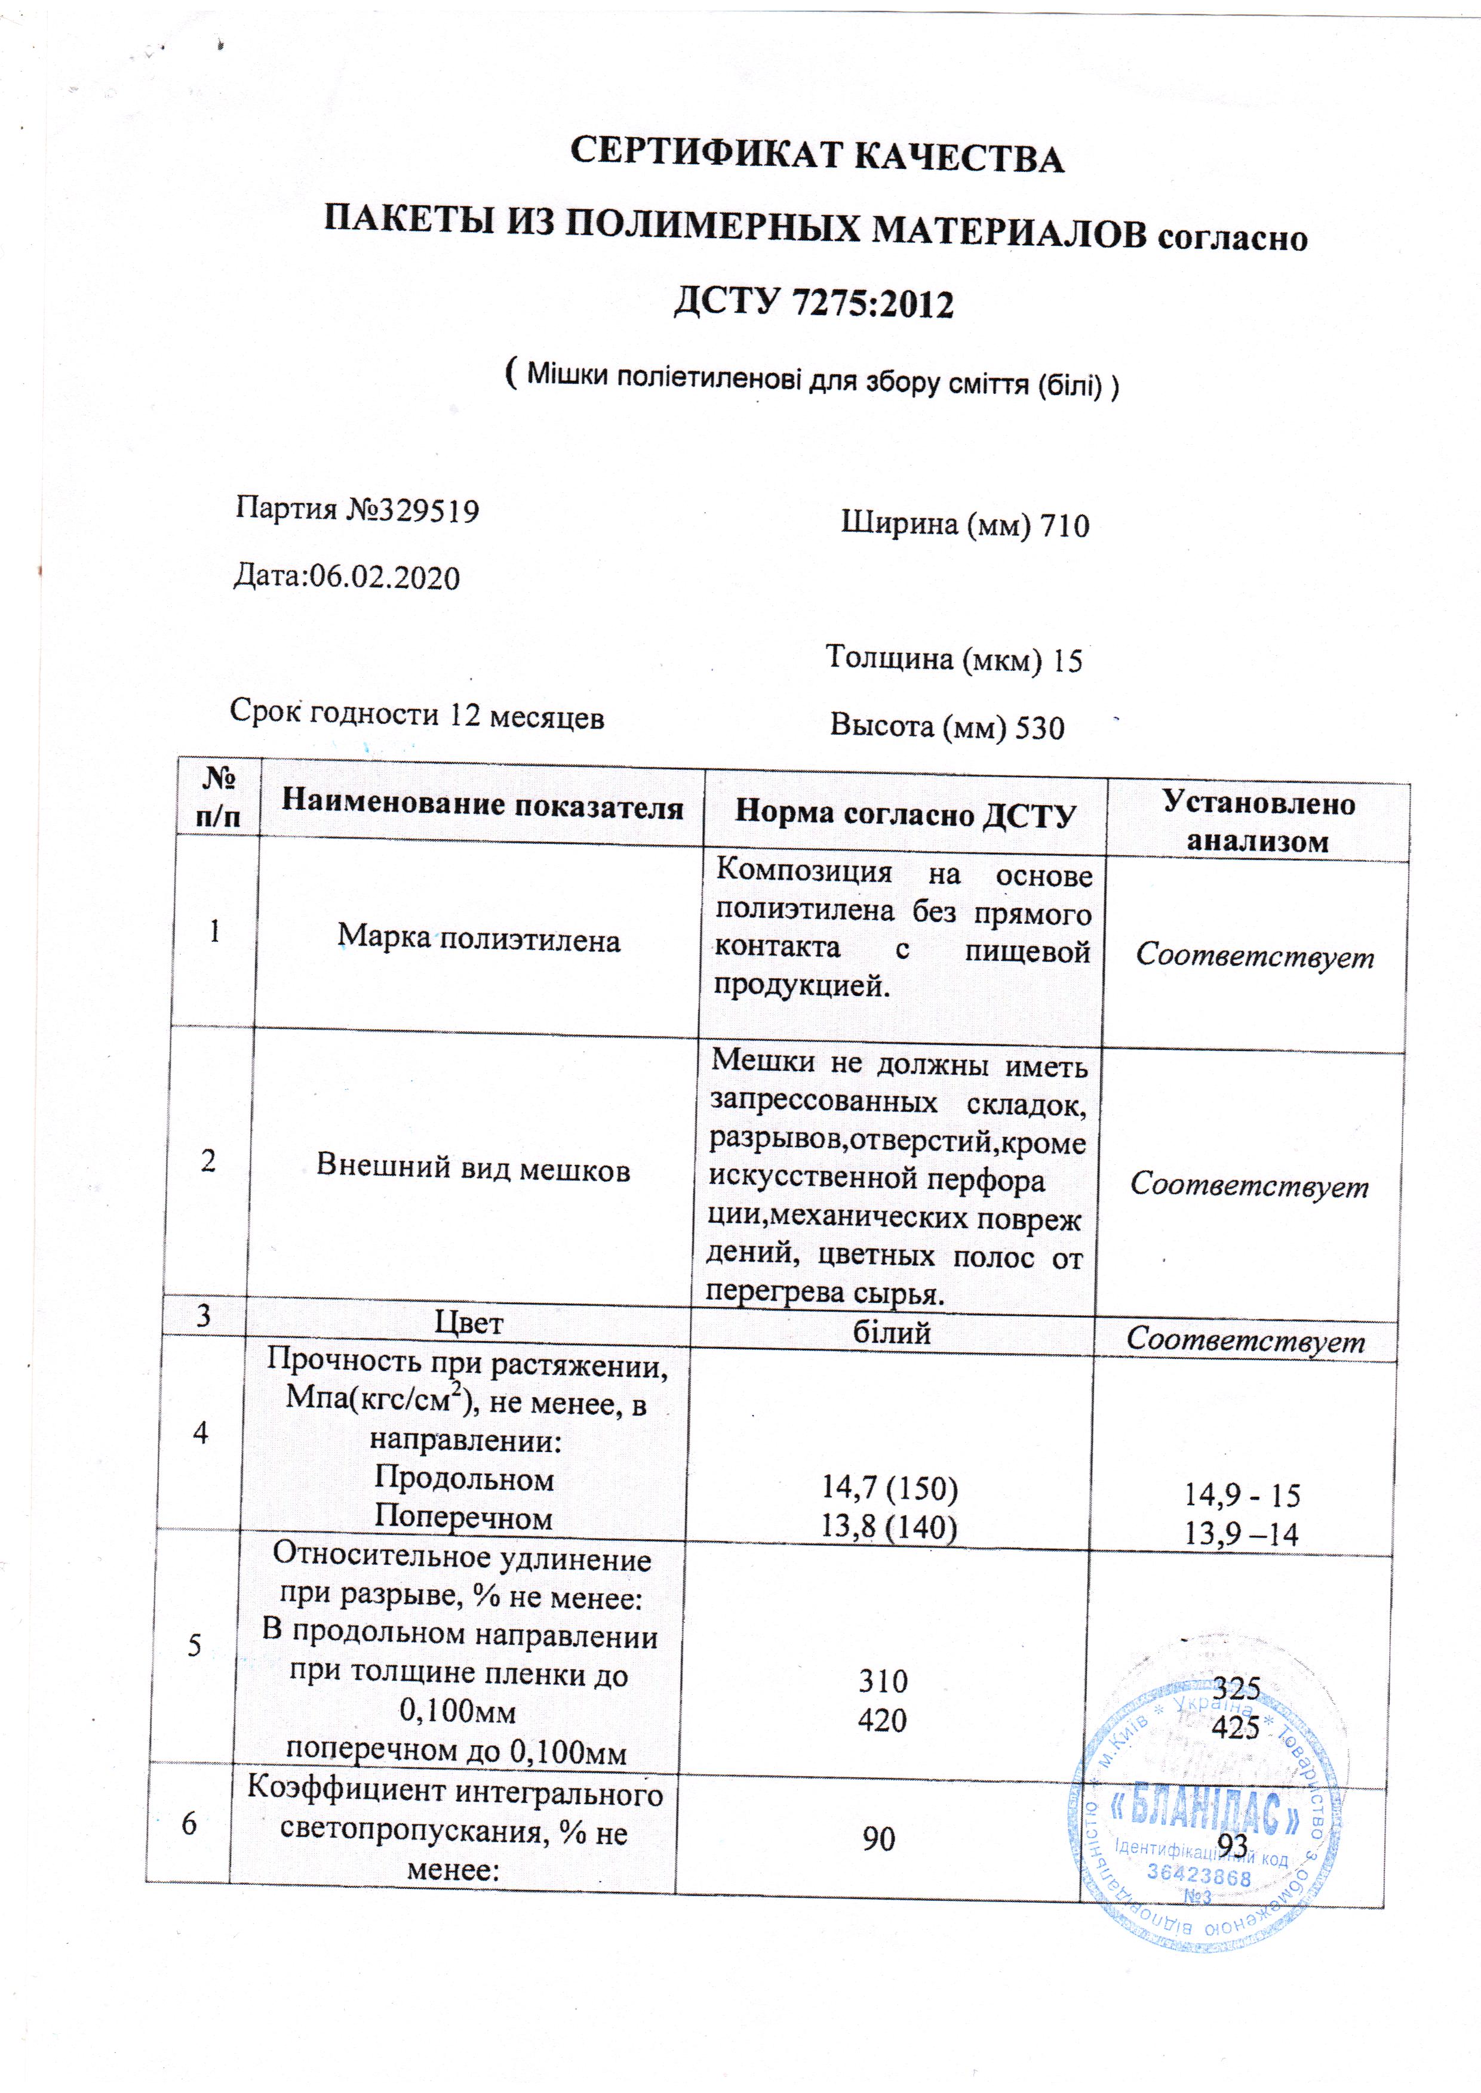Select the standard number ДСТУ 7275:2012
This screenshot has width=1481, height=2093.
point(813,304)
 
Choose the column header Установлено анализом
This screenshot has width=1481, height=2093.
point(1258,822)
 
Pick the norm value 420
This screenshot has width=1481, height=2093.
point(883,1720)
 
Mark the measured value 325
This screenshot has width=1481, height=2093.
point(1237,1687)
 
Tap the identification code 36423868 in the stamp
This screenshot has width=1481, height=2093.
point(1199,1875)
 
